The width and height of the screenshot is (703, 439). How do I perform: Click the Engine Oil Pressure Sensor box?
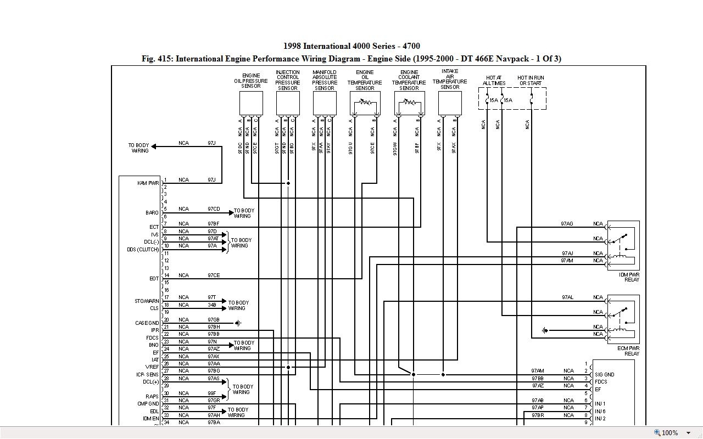coord(251,103)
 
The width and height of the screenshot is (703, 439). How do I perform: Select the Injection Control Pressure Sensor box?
coord(288,103)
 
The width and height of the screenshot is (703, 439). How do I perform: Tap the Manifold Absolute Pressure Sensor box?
coord(325,103)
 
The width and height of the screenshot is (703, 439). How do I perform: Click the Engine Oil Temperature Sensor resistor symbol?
coord(365,103)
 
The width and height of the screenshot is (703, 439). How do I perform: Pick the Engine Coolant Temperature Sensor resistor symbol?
coord(409,103)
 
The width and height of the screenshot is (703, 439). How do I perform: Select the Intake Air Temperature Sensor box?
coord(450,103)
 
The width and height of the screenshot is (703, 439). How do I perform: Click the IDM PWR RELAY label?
coord(629,277)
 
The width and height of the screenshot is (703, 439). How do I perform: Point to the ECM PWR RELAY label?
coord(629,351)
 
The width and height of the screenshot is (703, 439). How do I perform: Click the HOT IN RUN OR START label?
coord(531,81)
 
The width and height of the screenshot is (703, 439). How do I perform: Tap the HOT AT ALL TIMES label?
coord(494,81)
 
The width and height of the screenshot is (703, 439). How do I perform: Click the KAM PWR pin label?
coord(148,183)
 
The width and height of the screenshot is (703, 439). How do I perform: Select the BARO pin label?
coord(152,212)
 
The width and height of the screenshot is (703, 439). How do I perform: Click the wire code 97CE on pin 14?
coord(214,275)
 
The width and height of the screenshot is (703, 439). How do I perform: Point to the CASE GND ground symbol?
coord(238,323)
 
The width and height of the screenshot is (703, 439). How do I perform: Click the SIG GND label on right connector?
coord(604,375)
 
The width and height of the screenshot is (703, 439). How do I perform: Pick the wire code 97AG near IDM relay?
coord(567,224)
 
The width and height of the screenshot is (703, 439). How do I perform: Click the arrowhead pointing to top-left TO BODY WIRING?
coord(154,146)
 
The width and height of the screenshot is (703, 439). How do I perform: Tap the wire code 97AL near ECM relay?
coord(567,297)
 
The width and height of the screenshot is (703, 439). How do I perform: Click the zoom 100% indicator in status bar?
coord(669,433)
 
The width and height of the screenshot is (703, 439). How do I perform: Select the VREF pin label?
coord(152,367)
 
